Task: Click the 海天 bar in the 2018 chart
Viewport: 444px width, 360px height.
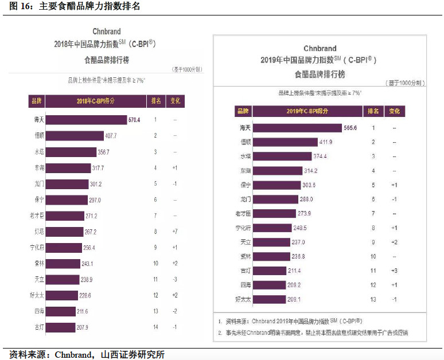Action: pos(85,120)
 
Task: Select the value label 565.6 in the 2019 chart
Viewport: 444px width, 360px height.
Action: pos(349,128)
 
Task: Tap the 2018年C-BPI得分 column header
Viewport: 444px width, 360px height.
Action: pos(95,101)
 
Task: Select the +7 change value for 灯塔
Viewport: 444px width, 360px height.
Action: pos(174,232)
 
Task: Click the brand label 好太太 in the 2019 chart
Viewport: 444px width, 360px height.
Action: pos(245,299)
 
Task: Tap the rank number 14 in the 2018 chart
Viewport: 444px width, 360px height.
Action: pos(155,327)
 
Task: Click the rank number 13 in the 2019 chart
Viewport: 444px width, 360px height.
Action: pos(373,299)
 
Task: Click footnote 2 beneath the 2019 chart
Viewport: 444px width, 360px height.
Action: pos(313,332)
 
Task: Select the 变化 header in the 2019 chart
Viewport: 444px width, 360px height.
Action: pos(394,111)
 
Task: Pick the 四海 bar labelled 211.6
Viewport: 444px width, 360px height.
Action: pos(59,311)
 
